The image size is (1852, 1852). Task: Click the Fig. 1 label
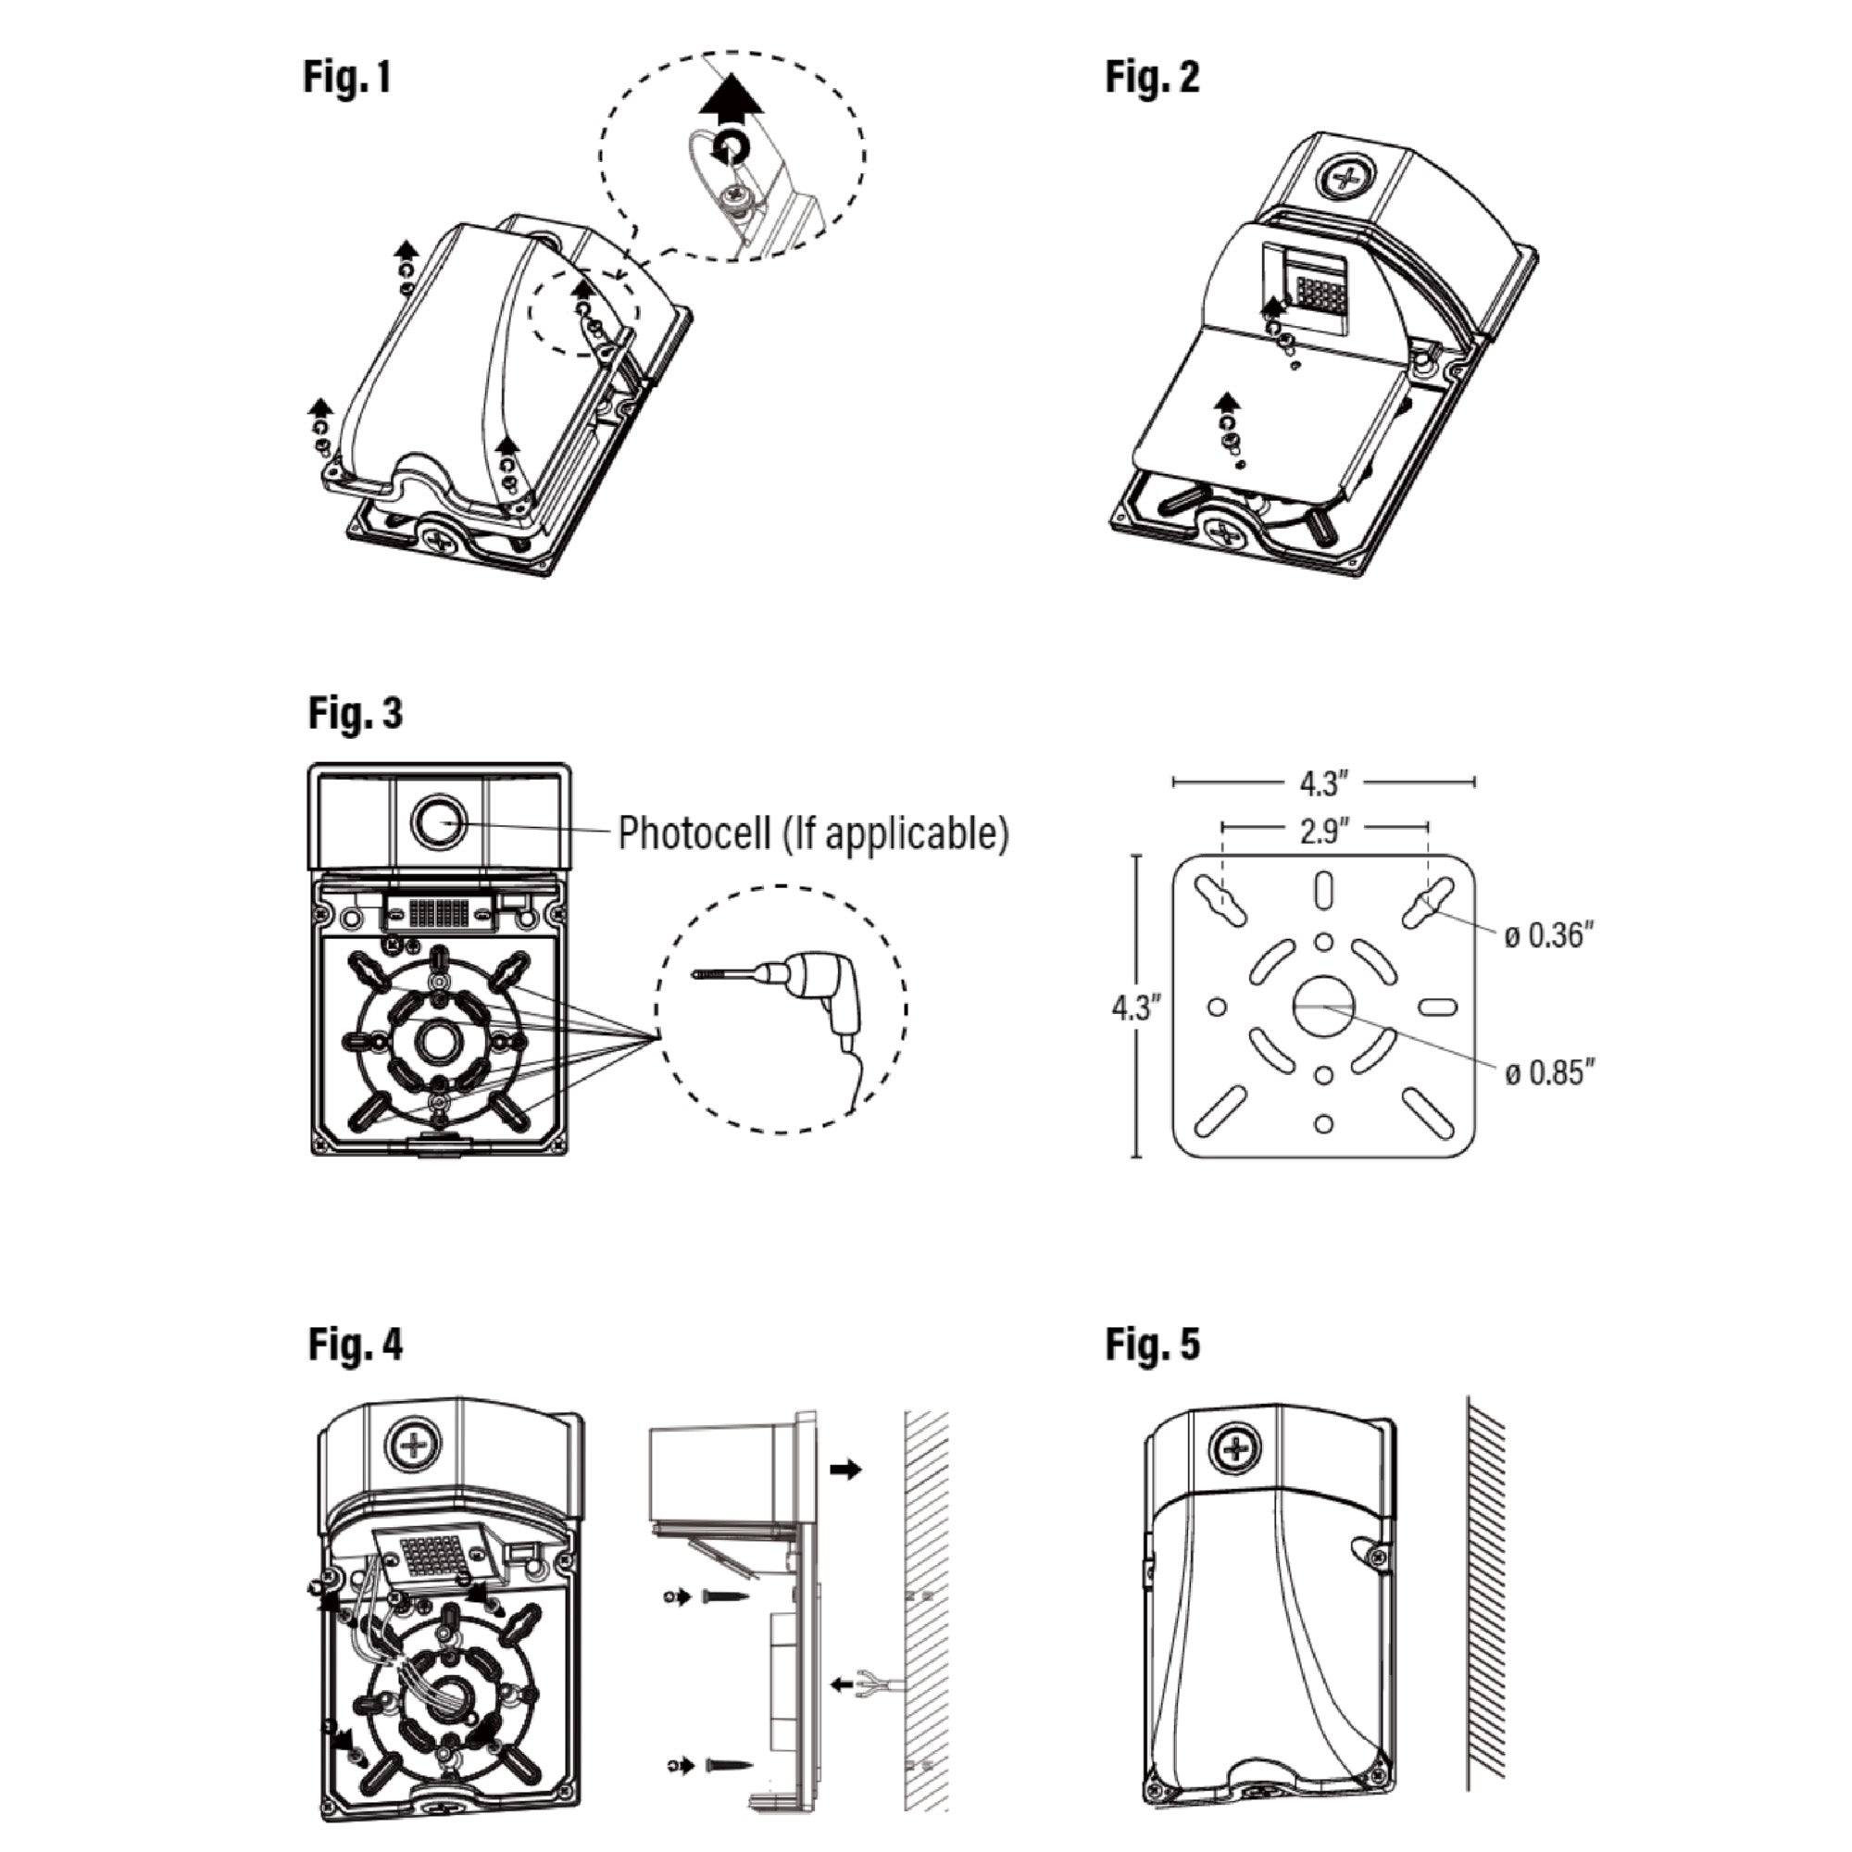pyautogui.click(x=347, y=77)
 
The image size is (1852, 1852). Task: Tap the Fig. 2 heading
pyautogui.click(x=1151, y=77)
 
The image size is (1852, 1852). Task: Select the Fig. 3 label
pyautogui.click(x=355, y=713)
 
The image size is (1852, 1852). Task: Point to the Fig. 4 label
pyautogui.click(x=355, y=1344)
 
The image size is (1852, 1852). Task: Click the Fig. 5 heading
pyautogui.click(x=1151, y=1344)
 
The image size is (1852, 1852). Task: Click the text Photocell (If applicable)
pyautogui.click(x=813, y=833)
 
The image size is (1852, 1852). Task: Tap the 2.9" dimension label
pyautogui.click(x=1324, y=832)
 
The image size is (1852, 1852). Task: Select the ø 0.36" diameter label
pyautogui.click(x=1548, y=934)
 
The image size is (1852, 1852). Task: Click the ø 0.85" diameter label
pyautogui.click(x=1549, y=1072)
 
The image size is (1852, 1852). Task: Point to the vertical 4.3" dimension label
pyautogui.click(x=1136, y=1007)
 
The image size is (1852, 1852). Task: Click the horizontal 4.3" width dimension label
pyautogui.click(x=1324, y=783)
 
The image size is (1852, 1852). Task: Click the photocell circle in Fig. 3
pyautogui.click(x=438, y=822)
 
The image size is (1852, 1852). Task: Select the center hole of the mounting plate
pyautogui.click(x=1323, y=1006)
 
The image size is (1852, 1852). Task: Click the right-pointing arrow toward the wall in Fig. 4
pyautogui.click(x=845, y=1469)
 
